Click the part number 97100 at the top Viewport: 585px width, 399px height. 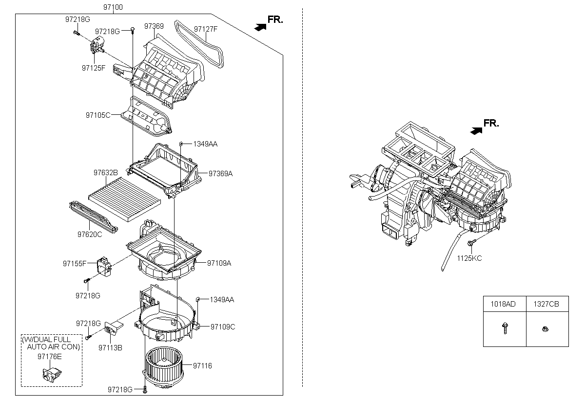click(x=113, y=7)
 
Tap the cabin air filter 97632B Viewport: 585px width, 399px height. click(x=125, y=199)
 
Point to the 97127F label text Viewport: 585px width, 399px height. click(x=206, y=29)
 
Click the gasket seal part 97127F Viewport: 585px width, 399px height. click(x=199, y=44)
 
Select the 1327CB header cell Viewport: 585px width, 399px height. click(x=547, y=304)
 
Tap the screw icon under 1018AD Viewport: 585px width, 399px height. click(x=505, y=328)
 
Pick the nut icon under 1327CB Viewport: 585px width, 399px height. click(x=545, y=329)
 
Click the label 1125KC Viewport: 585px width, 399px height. click(x=469, y=258)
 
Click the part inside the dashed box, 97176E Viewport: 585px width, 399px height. click(x=52, y=375)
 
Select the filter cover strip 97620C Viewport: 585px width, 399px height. click(x=94, y=217)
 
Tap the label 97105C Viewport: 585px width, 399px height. click(x=98, y=115)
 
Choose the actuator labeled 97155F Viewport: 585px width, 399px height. click(x=104, y=266)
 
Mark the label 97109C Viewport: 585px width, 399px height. click(x=223, y=326)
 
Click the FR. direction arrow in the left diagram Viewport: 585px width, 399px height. click(x=260, y=27)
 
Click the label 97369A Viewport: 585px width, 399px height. click(x=220, y=173)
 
